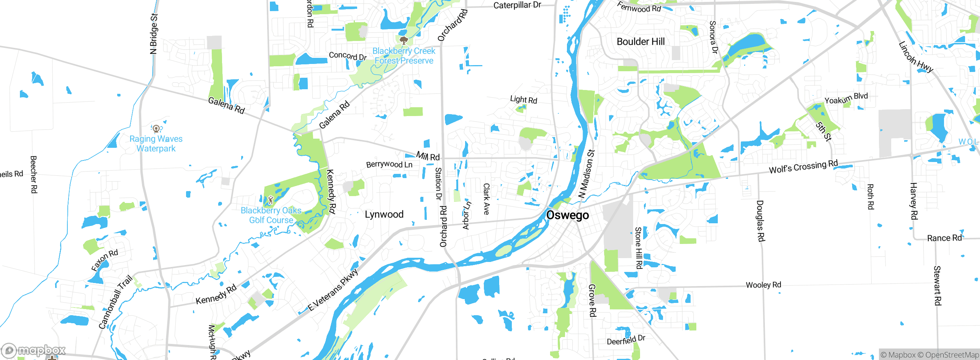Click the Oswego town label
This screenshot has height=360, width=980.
567,215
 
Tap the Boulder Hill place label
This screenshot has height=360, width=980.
640,41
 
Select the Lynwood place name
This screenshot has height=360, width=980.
384,214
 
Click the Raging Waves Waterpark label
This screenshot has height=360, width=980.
156,144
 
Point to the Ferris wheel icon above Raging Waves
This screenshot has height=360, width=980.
156,128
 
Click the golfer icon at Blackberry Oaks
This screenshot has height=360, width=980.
271,200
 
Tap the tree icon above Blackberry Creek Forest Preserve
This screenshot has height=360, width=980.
403,40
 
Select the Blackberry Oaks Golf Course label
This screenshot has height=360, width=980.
271,215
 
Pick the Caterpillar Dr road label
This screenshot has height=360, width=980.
517,5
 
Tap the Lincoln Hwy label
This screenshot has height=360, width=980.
916,57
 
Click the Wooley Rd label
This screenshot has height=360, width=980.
763,285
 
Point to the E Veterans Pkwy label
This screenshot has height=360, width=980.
333,290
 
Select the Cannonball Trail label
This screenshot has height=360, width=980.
115,302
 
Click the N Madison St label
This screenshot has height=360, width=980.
586,173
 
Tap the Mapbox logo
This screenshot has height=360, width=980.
34,350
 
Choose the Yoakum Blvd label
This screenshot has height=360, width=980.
846,98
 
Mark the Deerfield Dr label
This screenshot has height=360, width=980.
626,340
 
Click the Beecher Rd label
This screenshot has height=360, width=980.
34,174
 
